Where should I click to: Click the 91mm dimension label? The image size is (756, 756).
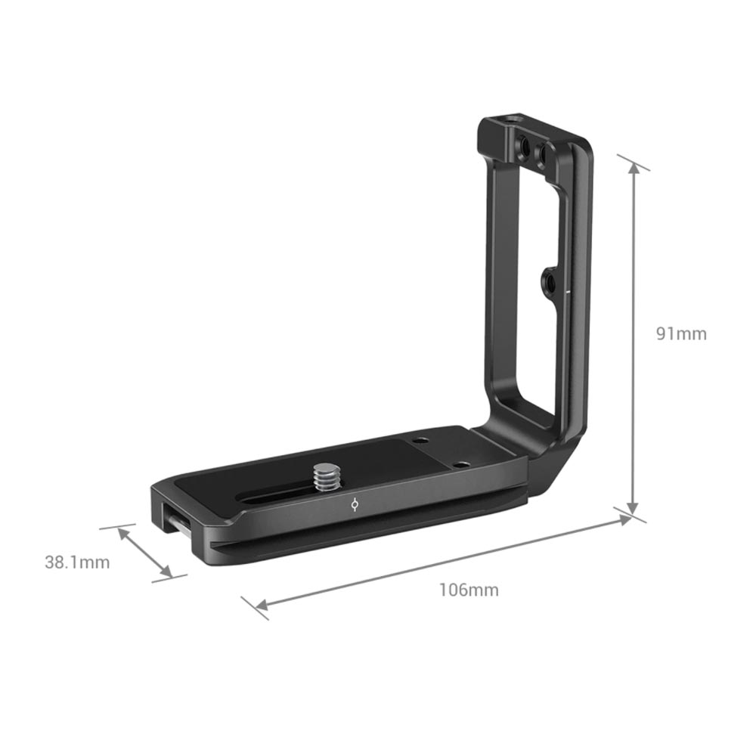(681, 333)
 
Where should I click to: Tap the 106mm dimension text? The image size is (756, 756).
(469, 590)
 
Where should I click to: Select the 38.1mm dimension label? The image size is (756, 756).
(77, 562)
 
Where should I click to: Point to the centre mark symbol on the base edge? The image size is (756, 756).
(355, 505)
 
